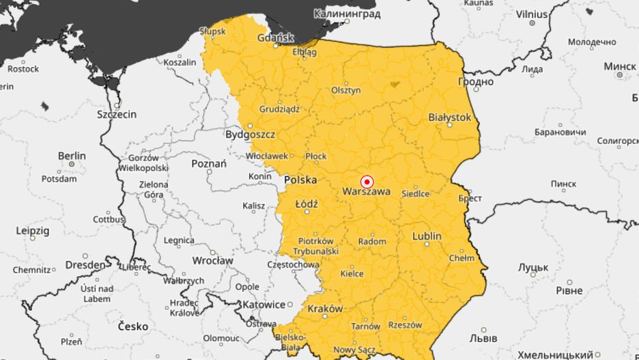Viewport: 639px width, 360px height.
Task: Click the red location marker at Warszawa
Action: pyautogui.click(x=367, y=182)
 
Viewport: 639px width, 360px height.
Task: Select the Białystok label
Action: pyautogui.click(x=449, y=117)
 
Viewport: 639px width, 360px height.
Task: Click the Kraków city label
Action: pyautogui.click(x=325, y=309)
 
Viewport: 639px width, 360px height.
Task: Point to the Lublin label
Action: pyautogui.click(x=427, y=236)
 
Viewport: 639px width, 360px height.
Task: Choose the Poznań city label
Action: pyautogui.click(x=208, y=163)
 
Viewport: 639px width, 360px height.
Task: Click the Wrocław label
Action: pyautogui.click(x=212, y=260)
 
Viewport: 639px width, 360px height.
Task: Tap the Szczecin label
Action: pyautogui.click(x=117, y=114)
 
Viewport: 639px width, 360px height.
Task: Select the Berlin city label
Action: pyautogui.click(x=72, y=156)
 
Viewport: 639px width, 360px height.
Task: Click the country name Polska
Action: pyautogui.click(x=300, y=180)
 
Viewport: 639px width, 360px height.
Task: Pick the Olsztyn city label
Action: pyautogui.click(x=345, y=90)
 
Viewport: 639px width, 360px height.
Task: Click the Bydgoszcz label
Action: pyautogui.click(x=250, y=135)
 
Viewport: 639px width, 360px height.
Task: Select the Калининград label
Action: pyautogui.click(x=348, y=14)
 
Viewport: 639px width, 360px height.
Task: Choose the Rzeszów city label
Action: pyautogui.click(x=406, y=325)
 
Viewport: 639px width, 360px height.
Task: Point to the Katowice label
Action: pyautogui.click(x=266, y=304)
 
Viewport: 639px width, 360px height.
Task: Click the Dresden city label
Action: pyautogui.click(x=85, y=264)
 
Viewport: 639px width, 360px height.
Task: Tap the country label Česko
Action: pyautogui.click(x=132, y=327)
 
